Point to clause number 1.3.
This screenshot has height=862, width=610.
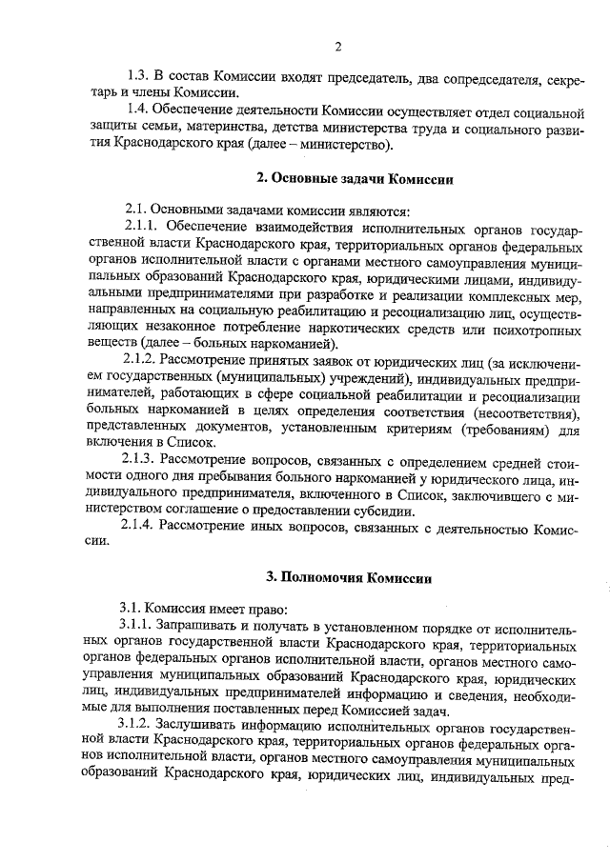pos(139,75)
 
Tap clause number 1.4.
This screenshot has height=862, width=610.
pos(139,111)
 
